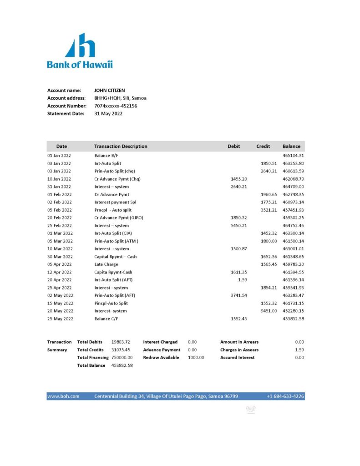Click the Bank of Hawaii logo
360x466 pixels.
(x=80, y=51)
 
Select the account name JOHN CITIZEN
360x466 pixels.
(x=109, y=91)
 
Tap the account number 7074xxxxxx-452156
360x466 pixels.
(x=116, y=106)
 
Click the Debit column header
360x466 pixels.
(x=234, y=147)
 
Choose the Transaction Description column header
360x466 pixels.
(x=121, y=147)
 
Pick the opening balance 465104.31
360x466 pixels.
(x=293, y=156)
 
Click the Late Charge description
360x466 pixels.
(x=106, y=264)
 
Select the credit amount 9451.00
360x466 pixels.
(x=269, y=311)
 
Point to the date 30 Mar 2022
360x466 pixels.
(x=60, y=257)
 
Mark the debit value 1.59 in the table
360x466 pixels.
(x=243, y=280)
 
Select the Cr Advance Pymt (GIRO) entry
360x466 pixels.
(x=118, y=218)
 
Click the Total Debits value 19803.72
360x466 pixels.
(x=121, y=342)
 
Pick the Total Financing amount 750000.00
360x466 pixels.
(x=122, y=358)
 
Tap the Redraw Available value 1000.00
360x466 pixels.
(x=196, y=358)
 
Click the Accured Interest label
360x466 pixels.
(x=237, y=358)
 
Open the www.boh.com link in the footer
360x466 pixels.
(x=63, y=396)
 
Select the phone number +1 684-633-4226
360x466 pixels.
(x=285, y=396)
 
